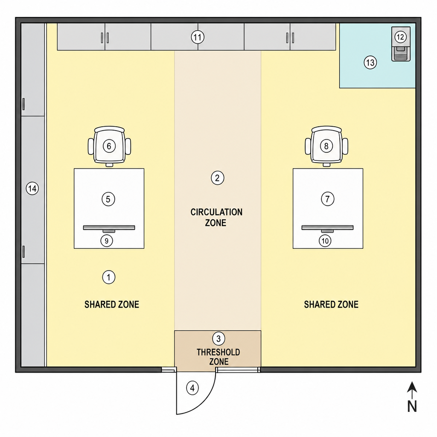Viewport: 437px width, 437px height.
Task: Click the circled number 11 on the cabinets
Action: (x=198, y=37)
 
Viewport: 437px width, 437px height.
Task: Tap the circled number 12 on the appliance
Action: (x=400, y=37)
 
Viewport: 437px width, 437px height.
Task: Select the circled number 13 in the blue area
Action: (x=370, y=62)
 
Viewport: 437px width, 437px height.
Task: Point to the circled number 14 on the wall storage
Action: (x=32, y=189)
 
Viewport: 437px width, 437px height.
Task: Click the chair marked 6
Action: (x=109, y=146)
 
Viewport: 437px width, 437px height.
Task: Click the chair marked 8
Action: (x=326, y=146)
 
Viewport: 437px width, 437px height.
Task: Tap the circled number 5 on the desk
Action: (x=108, y=199)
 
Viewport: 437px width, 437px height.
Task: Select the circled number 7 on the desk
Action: (x=327, y=199)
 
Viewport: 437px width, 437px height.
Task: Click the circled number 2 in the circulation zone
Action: (x=217, y=178)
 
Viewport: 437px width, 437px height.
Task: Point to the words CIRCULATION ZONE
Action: (x=216, y=217)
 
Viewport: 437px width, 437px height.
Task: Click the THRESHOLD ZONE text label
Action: (x=218, y=357)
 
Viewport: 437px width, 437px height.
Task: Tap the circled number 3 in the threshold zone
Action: (x=218, y=338)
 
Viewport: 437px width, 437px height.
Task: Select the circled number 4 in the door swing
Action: (x=192, y=388)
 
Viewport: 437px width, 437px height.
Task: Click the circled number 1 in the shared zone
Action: (x=109, y=277)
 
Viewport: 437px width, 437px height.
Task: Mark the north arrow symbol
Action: (x=412, y=390)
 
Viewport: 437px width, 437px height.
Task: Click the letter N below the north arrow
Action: (x=412, y=406)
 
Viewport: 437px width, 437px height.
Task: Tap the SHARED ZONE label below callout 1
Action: (x=112, y=304)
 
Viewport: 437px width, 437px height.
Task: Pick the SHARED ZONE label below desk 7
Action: (x=331, y=304)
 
